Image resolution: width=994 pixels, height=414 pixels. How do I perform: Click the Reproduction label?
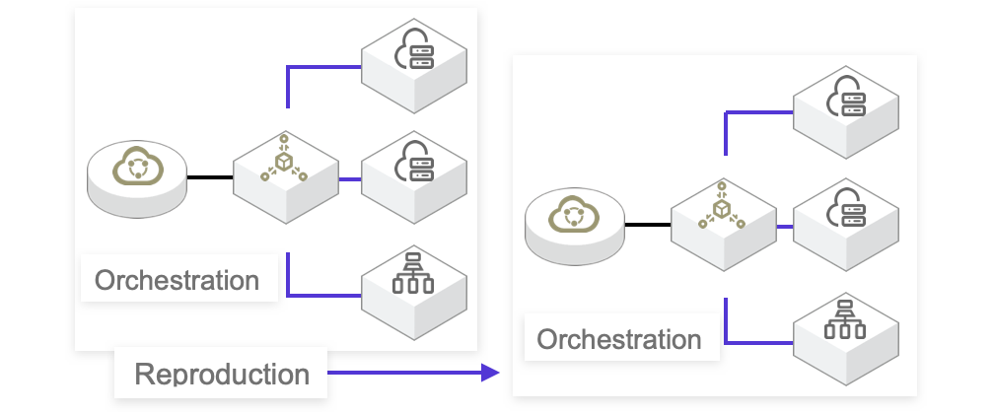(221, 375)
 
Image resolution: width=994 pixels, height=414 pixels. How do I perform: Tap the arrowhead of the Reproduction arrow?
(490, 372)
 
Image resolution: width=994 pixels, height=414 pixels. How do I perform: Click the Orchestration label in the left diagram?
(177, 280)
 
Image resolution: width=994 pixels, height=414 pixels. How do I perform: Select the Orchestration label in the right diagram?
(618, 340)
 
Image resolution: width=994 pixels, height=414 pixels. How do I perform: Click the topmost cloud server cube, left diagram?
(414, 61)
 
